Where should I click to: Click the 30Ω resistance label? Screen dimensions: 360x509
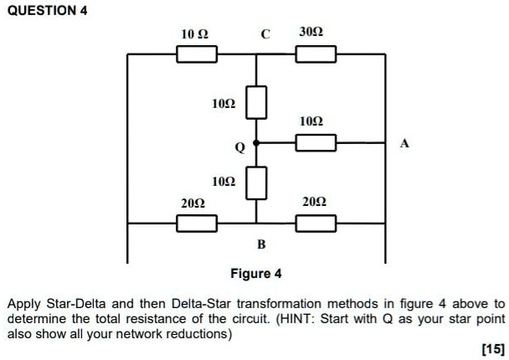coord(312,33)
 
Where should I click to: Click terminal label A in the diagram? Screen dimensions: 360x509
coord(405,144)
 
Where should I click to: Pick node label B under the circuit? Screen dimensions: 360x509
coord(260,244)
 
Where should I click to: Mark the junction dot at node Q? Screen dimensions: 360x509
coord(256,143)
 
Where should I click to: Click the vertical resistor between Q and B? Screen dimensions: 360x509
coord(256,183)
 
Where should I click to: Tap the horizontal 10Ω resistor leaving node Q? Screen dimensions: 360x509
coord(316,143)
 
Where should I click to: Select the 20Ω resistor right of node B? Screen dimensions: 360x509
coord(316,224)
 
